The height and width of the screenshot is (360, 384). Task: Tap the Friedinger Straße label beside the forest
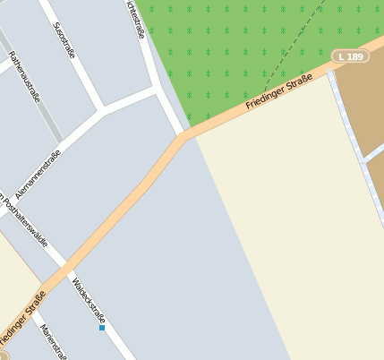coord(278,95)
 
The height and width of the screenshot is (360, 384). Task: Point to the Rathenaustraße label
coord(24,76)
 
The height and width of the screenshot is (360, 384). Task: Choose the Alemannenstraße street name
coord(38,173)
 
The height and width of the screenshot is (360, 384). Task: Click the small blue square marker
coord(102,329)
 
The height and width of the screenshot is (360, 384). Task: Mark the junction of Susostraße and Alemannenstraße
coord(100,111)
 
